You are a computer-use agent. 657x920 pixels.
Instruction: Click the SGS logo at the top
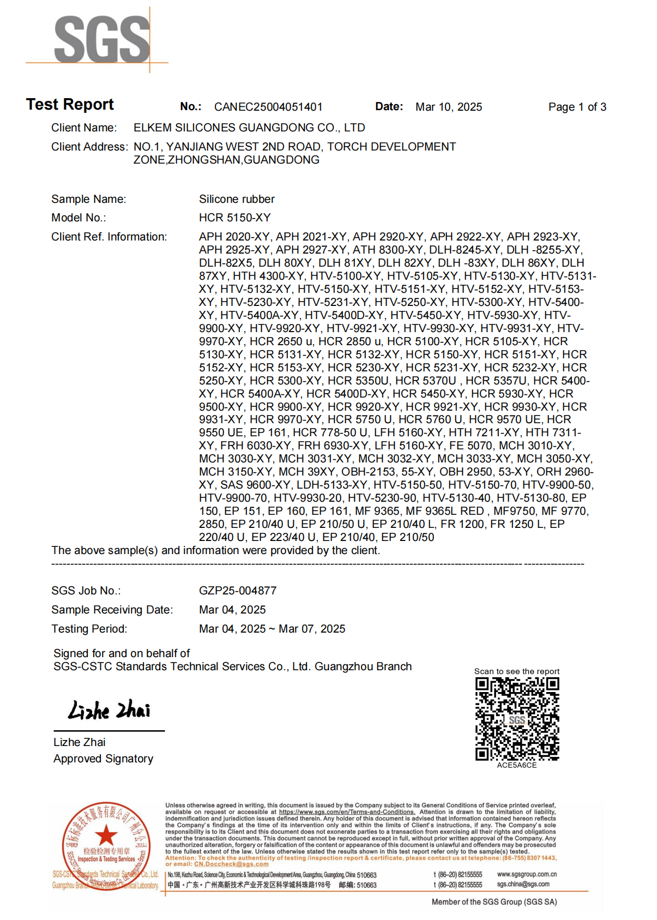(x=102, y=39)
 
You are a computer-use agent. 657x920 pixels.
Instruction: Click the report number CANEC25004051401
(x=268, y=107)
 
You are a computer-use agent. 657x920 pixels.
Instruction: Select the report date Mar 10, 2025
(x=449, y=107)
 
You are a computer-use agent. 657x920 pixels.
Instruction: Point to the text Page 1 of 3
(x=577, y=107)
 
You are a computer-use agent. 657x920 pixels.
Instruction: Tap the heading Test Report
(x=70, y=104)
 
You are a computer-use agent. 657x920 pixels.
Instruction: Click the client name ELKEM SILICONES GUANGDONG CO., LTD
(x=249, y=128)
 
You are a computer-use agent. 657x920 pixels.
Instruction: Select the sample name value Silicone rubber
(x=237, y=199)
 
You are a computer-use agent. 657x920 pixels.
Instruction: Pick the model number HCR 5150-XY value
(x=234, y=218)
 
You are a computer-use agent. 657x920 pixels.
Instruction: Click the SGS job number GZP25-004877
(x=238, y=591)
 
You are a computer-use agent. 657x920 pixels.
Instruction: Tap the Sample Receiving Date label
(x=112, y=610)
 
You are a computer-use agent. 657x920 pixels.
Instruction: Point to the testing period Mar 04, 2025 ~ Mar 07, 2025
(x=272, y=629)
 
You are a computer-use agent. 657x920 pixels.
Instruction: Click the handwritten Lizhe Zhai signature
(x=109, y=710)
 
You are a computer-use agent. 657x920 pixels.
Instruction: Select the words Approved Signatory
(x=103, y=759)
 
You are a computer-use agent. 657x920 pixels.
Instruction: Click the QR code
(x=517, y=719)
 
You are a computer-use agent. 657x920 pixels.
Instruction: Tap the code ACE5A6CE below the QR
(x=516, y=765)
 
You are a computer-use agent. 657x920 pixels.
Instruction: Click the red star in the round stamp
(x=106, y=835)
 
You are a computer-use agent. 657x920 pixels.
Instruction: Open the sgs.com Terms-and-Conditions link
(x=347, y=812)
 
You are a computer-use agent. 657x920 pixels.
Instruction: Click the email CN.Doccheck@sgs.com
(x=231, y=864)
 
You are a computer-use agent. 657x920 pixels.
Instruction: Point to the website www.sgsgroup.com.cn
(x=527, y=874)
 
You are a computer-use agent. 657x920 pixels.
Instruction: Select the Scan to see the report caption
(x=516, y=671)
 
